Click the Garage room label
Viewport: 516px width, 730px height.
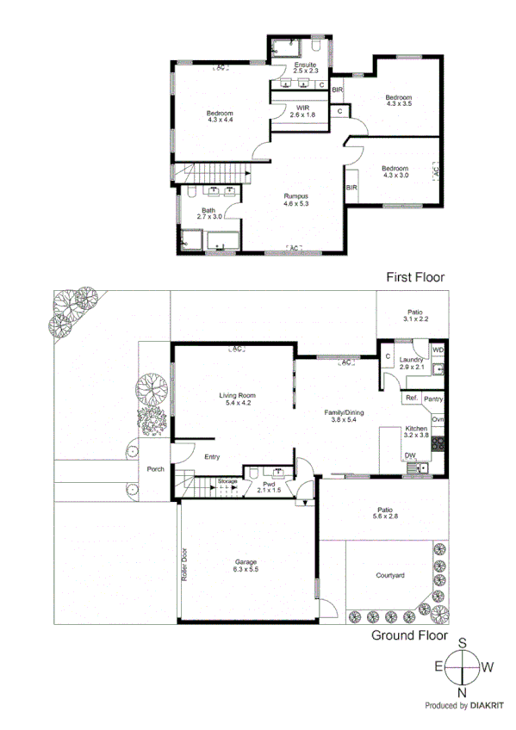(x=246, y=562)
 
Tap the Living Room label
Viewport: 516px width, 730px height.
(x=235, y=396)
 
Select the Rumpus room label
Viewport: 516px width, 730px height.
(x=295, y=197)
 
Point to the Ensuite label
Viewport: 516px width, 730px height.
(x=305, y=65)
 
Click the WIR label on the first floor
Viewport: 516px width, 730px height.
(x=302, y=108)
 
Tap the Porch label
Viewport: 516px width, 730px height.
(x=155, y=469)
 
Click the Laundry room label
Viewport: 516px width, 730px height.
(x=409, y=360)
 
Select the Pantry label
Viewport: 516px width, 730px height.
(x=433, y=399)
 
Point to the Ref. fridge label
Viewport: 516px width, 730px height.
(x=411, y=399)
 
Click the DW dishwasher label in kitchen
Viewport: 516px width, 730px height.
(x=409, y=456)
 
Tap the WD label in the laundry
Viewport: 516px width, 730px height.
(x=438, y=350)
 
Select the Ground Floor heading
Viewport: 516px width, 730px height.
(x=409, y=636)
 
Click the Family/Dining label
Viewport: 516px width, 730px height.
(x=344, y=412)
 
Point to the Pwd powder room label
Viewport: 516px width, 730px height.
(x=269, y=485)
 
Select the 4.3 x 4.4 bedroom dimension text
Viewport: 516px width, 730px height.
(x=221, y=121)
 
